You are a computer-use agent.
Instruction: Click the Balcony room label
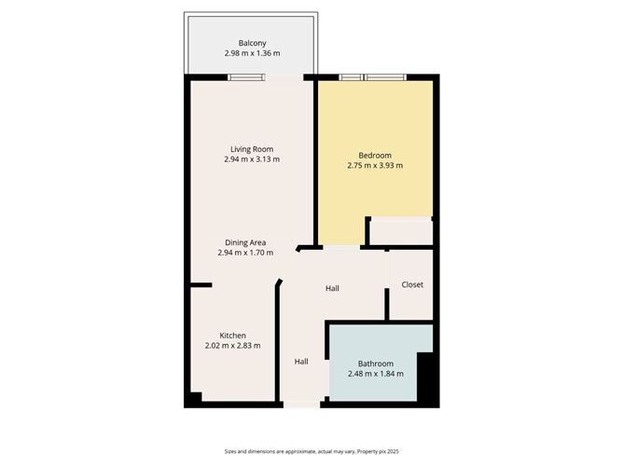tap(252, 43)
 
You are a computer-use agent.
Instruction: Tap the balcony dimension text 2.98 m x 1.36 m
tap(252, 54)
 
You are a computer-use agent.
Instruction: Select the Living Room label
tap(252, 149)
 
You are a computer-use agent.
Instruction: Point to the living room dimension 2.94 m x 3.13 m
tap(252, 159)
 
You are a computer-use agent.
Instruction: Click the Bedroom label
tap(375, 155)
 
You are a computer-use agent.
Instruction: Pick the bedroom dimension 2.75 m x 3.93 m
tap(375, 166)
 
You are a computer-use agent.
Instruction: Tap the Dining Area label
tap(245, 242)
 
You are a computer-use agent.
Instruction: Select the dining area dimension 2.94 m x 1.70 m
tap(245, 253)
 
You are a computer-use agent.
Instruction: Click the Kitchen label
tap(232, 336)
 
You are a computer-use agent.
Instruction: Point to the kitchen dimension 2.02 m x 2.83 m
tap(232, 346)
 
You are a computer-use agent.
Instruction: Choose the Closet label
tap(412, 284)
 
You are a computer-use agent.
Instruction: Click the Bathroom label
tap(376, 364)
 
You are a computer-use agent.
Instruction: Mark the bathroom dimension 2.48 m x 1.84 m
tap(376, 374)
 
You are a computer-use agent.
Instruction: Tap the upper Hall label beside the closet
tap(332, 288)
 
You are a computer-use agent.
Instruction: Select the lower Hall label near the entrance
tap(301, 362)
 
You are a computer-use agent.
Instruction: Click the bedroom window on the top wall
tap(372, 77)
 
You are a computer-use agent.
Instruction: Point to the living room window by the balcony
tap(247, 77)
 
